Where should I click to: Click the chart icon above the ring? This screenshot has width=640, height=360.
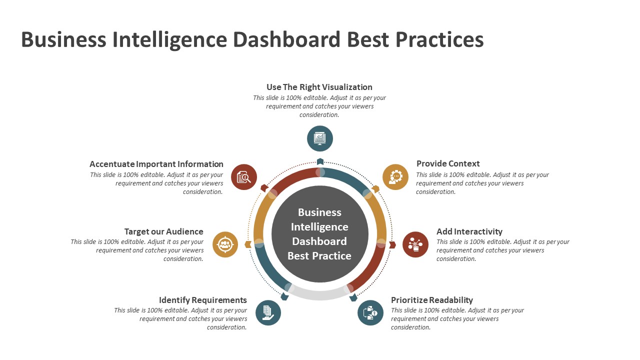click(x=320, y=138)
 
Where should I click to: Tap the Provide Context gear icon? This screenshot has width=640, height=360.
click(x=395, y=177)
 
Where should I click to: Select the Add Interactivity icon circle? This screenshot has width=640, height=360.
click(x=415, y=244)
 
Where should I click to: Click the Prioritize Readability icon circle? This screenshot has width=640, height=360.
click(x=370, y=312)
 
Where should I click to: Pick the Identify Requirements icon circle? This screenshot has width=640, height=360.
click(x=268, y=312)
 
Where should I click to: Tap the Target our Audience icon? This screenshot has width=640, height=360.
click(x=225, y=244)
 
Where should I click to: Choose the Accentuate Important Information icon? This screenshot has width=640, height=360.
click(x=244, y=177)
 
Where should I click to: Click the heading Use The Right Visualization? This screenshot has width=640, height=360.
click(x=319, y=87)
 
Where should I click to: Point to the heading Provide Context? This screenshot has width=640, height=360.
click(x=448, y=163)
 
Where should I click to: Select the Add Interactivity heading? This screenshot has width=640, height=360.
click(x=469, y=231)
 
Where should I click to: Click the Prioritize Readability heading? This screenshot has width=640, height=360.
click(x=432, y=300)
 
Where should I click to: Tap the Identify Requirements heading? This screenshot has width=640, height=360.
click(x=203, y=300)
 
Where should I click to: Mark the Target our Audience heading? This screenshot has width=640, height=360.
click(x=164, y=231)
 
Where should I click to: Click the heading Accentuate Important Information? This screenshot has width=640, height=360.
click(x=156, y=164)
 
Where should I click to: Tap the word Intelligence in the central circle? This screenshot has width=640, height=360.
click(x=319, y=226)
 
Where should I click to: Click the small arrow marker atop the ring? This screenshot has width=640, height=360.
click(x=320, y=161)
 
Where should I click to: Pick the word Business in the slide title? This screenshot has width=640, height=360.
click(x=63, y=39)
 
